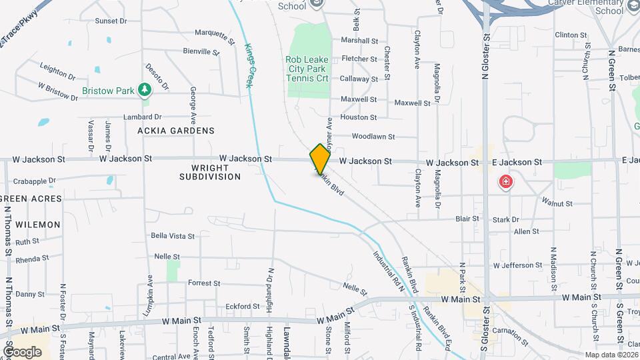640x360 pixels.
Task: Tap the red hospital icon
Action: point(506,181)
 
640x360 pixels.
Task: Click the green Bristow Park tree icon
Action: point(144,90)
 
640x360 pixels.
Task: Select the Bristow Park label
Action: point(107,91)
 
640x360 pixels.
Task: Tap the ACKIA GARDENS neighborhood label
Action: point(176,131)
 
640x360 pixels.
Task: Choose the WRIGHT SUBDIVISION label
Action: point(210,172)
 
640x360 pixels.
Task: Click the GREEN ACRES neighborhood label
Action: point(31,199)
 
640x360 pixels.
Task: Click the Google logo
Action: point(22,351)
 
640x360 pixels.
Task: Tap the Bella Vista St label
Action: point(173,236)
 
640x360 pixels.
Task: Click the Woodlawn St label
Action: point(373,137)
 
